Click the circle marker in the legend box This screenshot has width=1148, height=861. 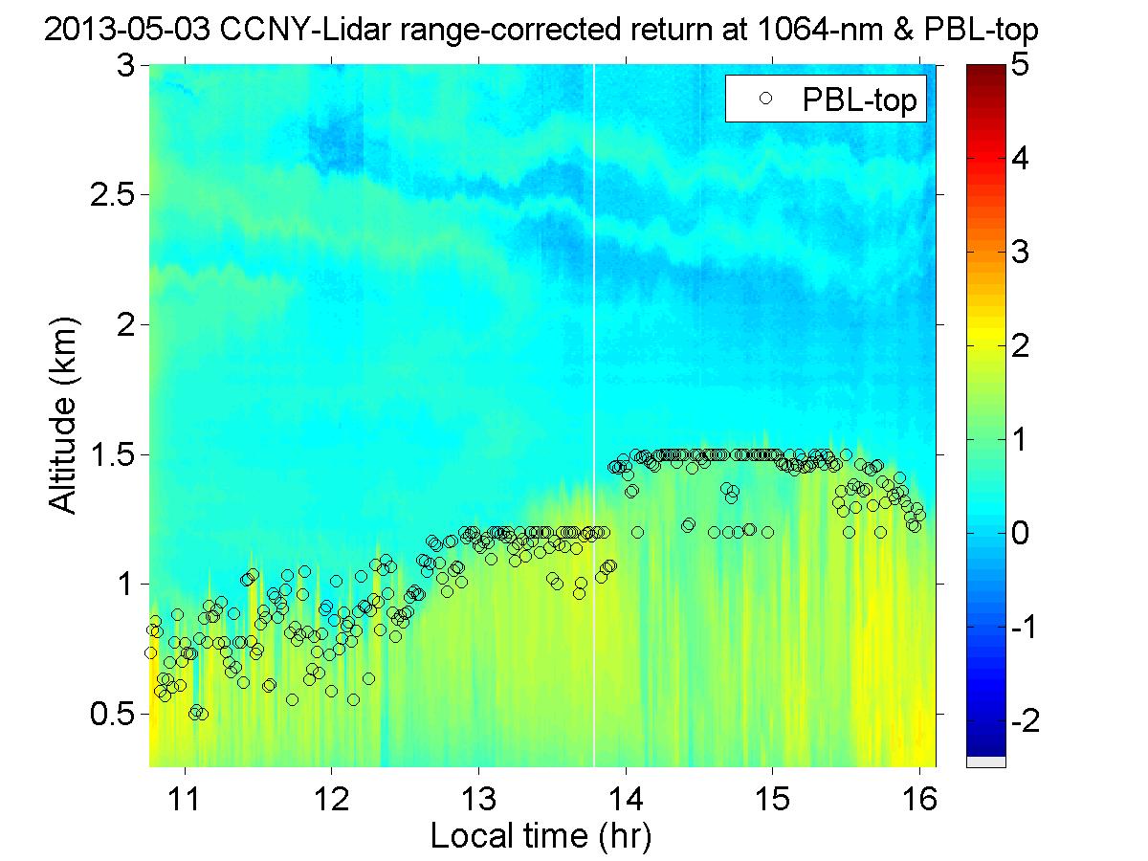tap(763, 98)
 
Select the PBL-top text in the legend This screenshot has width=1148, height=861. tap(861, 98)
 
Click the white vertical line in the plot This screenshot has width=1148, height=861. tap(594, 383)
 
